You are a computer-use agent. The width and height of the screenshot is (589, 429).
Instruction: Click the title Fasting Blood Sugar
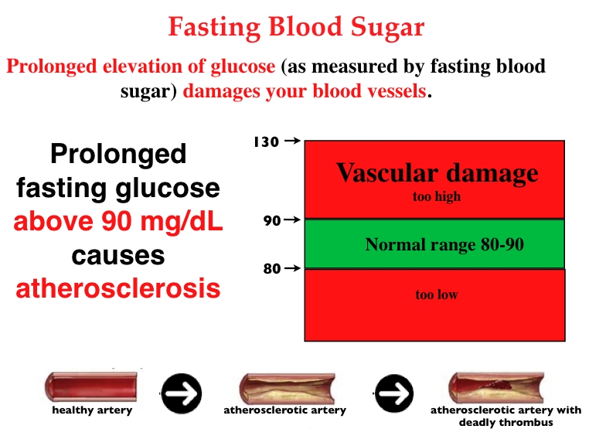(296, 27)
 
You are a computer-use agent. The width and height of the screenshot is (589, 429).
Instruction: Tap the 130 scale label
(267, 142)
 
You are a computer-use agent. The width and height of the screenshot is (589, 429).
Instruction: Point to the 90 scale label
(272, 220)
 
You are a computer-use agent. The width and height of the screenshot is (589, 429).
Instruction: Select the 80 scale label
(272, 268)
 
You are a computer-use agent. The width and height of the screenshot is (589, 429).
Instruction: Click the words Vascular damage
(437, 173)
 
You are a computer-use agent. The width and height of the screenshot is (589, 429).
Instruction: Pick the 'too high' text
(437, 196)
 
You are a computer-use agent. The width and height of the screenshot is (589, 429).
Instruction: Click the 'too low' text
(437, 295)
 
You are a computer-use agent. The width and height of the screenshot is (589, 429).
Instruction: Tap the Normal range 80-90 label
(444, 244)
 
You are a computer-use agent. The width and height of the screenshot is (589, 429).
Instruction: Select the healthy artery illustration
(91, 386)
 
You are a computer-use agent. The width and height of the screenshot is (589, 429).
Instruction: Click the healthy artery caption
(92, 410)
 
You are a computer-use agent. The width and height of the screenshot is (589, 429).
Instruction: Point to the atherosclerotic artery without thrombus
(287, 388)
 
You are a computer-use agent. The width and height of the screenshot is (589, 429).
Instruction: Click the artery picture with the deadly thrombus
(495, 388)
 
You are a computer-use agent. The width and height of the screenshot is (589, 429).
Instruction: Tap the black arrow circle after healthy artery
(182, 393)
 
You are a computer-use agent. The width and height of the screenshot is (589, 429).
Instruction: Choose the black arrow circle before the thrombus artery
(393, 393)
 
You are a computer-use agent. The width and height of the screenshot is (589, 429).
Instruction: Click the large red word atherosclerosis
(118, 288)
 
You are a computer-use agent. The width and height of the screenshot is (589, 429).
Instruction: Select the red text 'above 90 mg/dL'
(118, 222)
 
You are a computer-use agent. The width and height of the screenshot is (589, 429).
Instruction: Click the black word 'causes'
(118, 256)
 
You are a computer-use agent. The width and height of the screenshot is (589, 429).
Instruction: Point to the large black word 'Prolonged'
(118, 155)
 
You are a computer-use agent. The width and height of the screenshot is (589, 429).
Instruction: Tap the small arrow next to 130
(292, 141)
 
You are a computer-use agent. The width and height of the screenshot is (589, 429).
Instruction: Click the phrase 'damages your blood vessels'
(305, 91)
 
